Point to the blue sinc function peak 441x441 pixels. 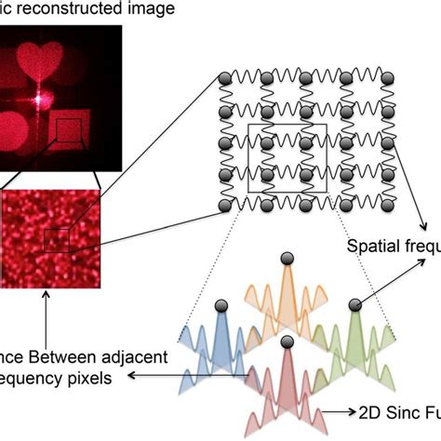coord(220,335)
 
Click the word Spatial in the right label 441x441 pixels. coord(367,247)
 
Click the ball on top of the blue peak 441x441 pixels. coord(220,306)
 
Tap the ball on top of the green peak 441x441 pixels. coord(354,304)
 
